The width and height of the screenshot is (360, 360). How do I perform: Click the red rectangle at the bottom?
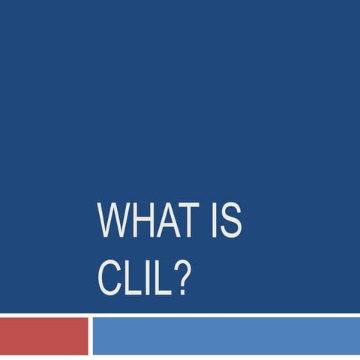43,336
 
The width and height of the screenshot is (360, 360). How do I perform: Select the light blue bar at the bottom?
225,336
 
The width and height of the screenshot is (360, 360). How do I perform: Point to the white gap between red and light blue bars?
90,336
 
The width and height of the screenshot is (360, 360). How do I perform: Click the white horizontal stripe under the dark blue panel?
180,314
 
